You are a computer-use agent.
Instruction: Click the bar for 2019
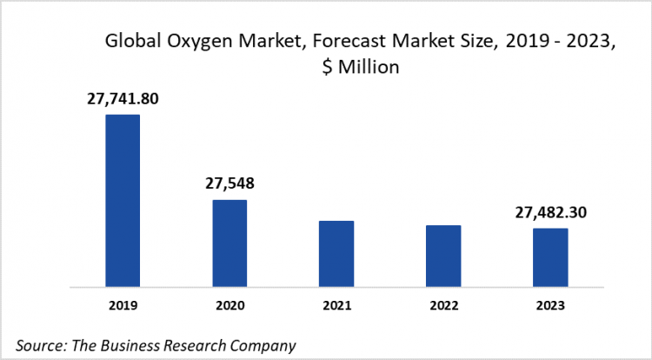(123, 200)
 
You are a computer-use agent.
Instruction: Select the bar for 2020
(230, 243)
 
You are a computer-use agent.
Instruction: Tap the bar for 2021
(336, 253)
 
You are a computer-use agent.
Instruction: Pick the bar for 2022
(443, 256)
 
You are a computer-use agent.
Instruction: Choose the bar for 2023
(550, 257)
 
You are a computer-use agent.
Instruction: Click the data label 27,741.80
(123, 99)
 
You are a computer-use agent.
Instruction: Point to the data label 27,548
(230, 183)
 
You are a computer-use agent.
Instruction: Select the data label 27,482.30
(550, 212)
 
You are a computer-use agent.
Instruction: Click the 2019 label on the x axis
(123, 305)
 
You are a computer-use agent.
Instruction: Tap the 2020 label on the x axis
(230, 305)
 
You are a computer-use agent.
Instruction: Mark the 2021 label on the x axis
(336, 305)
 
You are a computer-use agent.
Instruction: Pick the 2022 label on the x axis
(443, 305)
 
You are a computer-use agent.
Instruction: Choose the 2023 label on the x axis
(550, 305)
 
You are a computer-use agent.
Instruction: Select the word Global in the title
(130, 41)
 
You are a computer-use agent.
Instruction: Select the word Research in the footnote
(192, 344)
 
